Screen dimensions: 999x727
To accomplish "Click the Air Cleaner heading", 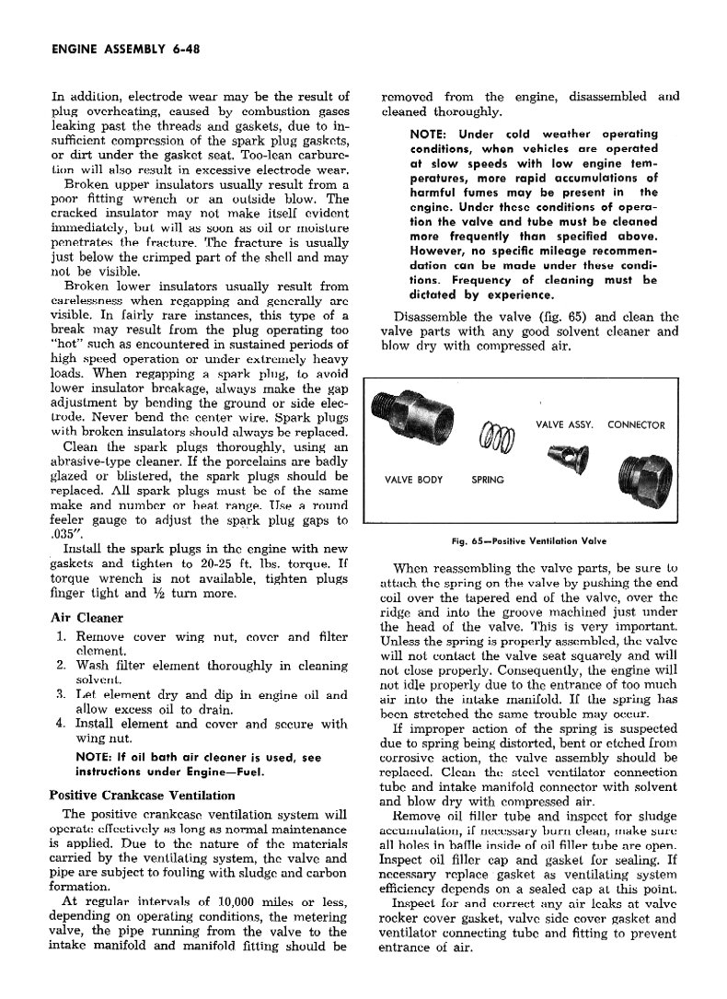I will [87, 618].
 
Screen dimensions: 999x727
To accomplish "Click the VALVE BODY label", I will [413, 480].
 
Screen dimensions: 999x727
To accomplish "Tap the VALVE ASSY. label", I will [564, 425].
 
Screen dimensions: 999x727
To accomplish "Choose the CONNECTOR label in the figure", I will [636, 425].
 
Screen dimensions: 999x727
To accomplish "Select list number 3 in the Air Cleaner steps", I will [60, 695].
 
